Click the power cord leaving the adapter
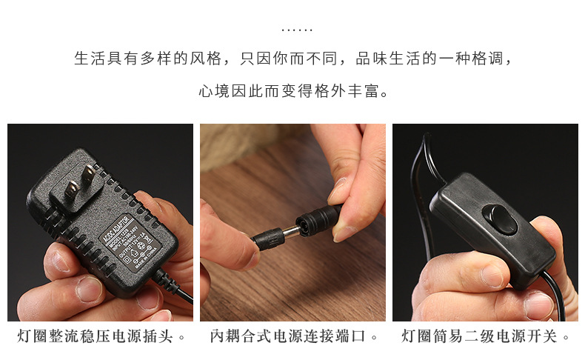pos(178,292)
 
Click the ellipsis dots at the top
pos(298,30)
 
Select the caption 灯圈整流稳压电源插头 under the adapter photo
pos(95,337)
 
